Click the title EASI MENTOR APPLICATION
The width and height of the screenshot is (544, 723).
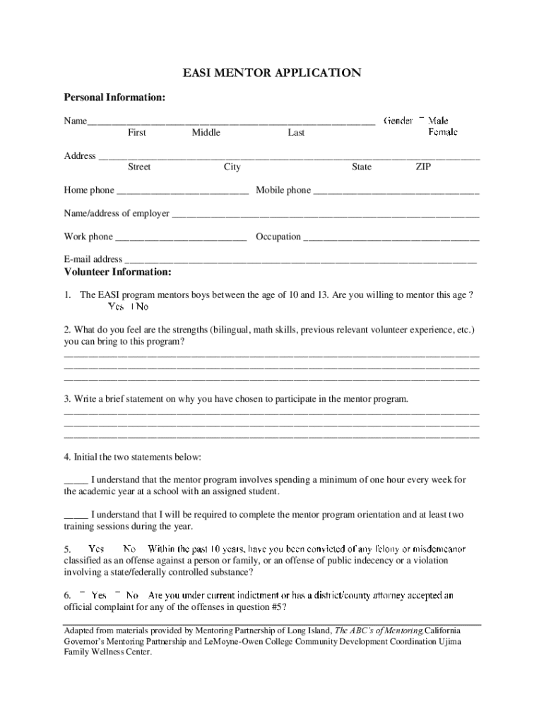coord(272,73)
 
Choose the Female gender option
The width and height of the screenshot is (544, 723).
coord(442,132)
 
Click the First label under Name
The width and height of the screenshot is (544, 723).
coord(137,133)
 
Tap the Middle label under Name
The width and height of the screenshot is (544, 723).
coord(206,133)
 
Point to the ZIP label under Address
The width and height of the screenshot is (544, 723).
coord(423,167)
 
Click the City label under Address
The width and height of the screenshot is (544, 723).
coord(232,167)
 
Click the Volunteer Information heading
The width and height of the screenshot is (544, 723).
coord(117,272)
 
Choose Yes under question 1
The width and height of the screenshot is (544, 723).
coord(116,306)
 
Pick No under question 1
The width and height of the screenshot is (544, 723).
coord(141,306)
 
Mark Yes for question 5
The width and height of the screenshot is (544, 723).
coord(96,549)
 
